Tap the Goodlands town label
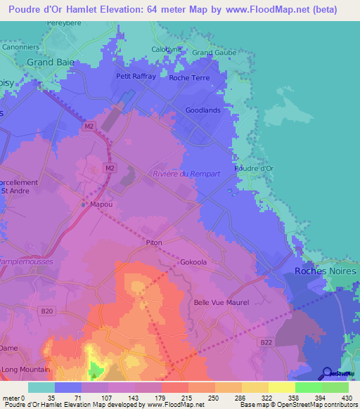203,110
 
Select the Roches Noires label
325,271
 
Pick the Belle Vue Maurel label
222,303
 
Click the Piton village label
154,242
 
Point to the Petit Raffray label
136,77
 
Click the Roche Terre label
189,78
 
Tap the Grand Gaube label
214,52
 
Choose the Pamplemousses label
25,260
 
